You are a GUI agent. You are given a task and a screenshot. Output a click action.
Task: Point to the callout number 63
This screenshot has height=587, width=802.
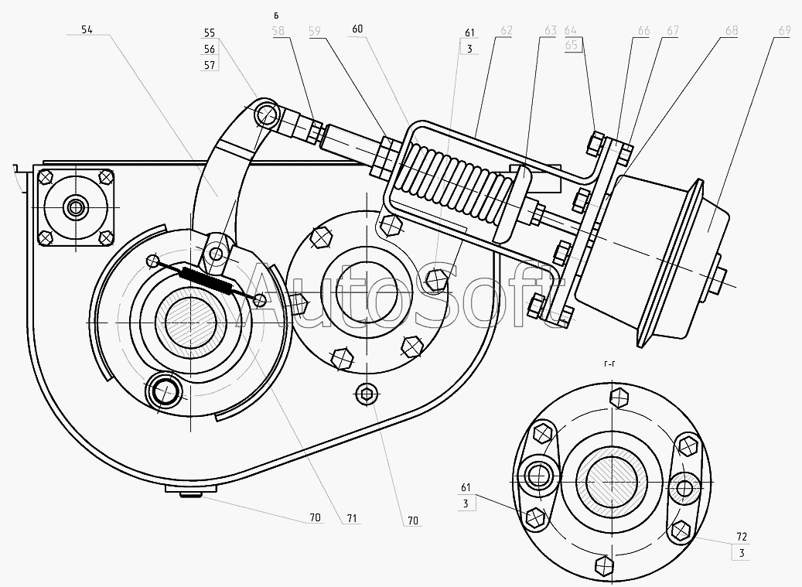point(550,31)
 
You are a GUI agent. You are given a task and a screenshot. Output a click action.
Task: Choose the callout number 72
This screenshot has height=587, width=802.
point(742,536)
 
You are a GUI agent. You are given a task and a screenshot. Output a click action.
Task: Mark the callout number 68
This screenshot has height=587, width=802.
point(731,31)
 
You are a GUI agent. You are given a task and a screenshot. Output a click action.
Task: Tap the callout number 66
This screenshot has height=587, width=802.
point(643,31)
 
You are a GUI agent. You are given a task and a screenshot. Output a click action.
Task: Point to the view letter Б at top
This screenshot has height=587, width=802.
point(276,14)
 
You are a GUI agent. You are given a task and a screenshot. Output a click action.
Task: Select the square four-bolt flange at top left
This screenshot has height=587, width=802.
point(75,207)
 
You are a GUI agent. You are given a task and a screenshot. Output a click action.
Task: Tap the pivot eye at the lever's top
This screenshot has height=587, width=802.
point(266,115)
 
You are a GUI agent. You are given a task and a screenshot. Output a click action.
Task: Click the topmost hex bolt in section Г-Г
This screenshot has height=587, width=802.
point(617,398)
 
